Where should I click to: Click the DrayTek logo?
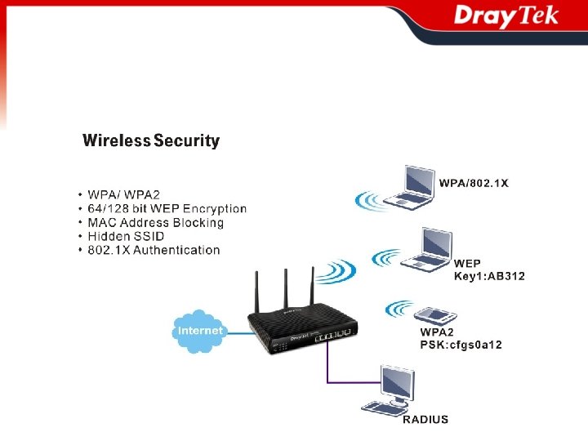pyautogui.click(x=506, y=16)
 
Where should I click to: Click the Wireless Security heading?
pyautogui.click(x=151, y=140)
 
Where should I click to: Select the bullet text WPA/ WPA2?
pyautogui.click(x=123, y=195)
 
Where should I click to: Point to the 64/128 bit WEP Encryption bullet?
pyautogui.click(x=167, y=209)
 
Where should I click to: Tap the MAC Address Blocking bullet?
pyautogui.click(x=155, y=222)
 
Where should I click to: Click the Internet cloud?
pyautogui.click(x=199, y=331)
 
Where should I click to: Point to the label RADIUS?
pyautogui.click(x=425, y=420)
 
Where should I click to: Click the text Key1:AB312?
pyautogui.click(x=489, y=276)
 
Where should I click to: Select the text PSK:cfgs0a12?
pyautogui.click(x=461, y=345)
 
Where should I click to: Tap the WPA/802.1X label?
pyautogui.click(x=474, y=183)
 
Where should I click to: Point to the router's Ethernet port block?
pyautogui.click(x=335, y=334)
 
